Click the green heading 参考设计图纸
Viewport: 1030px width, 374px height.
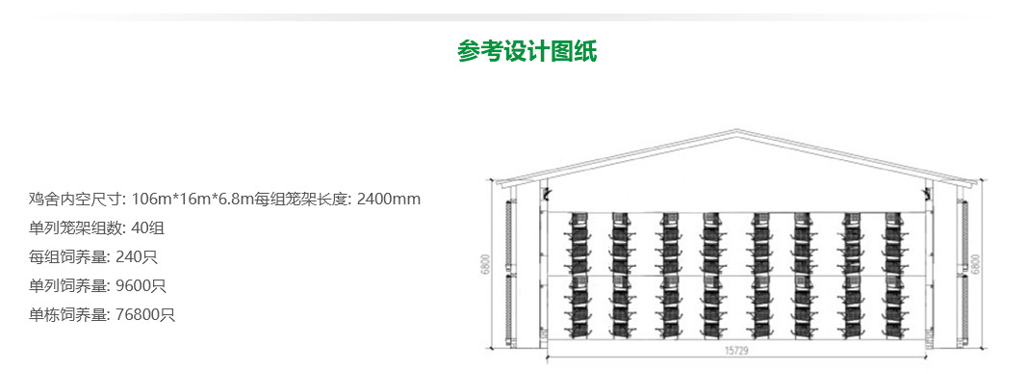[x=527, y=52]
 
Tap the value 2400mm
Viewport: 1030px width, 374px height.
[x=389, y=200]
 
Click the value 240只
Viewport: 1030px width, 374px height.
[x=136, y=257]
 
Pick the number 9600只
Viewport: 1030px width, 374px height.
[x=141, y=286]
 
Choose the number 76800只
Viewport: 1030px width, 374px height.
[x=144, y=315]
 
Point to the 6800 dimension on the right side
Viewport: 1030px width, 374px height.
[x=976, y=263]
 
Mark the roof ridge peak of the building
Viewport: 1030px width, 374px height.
[x=736, y=131]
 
